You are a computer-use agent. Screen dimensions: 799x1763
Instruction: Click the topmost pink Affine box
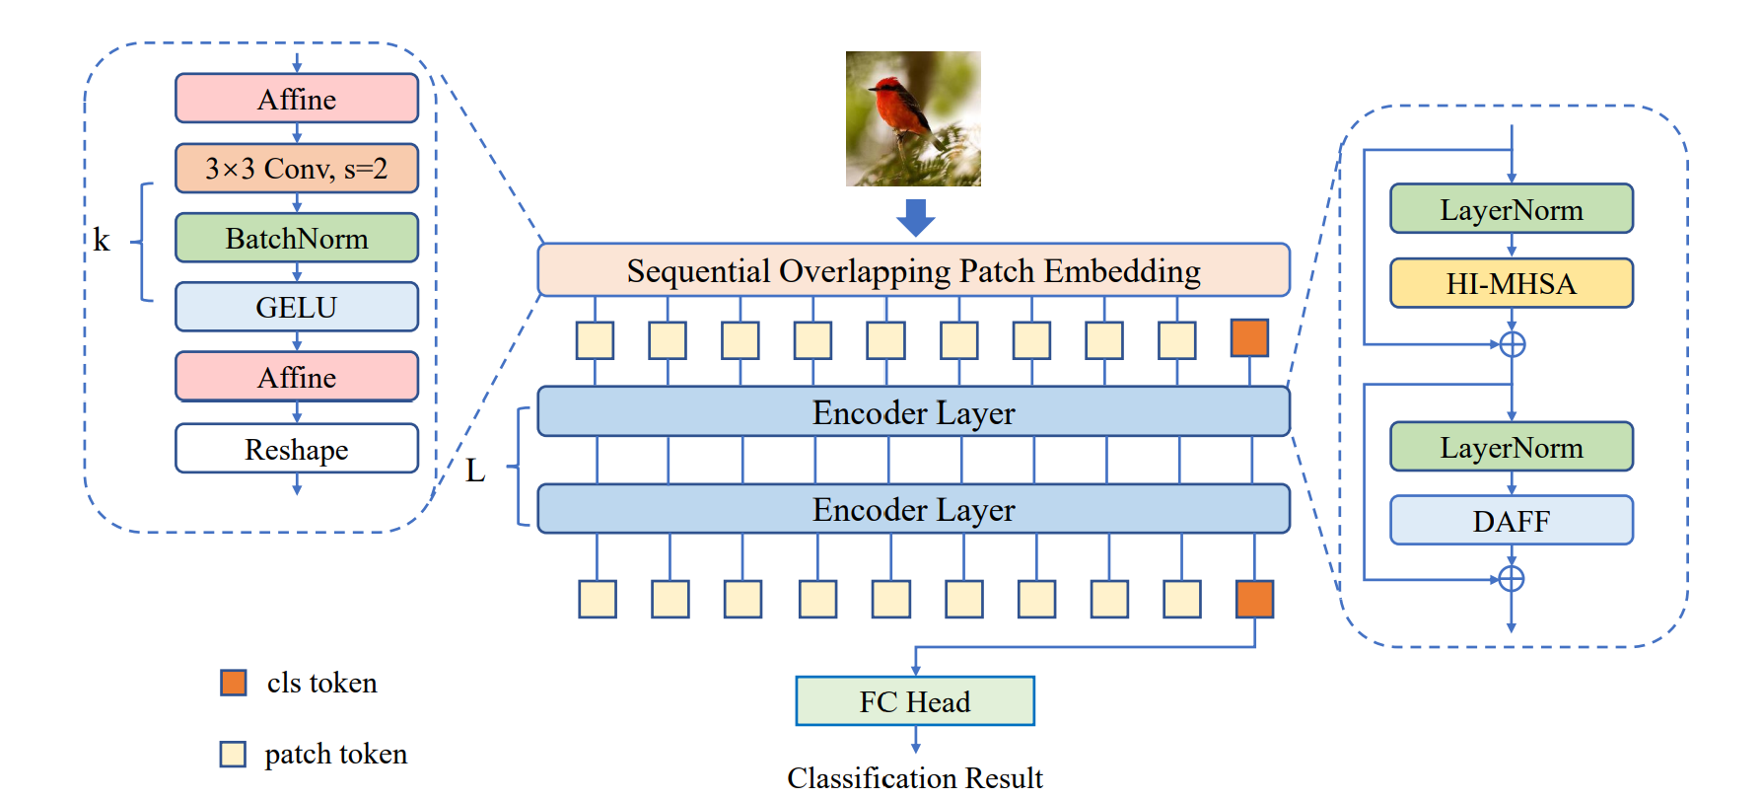[296, 99]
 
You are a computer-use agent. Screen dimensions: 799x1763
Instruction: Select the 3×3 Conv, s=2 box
[296, 169]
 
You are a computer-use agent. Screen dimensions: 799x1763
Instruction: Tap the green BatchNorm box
[296, 238]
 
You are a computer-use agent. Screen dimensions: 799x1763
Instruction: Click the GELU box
[296, 307]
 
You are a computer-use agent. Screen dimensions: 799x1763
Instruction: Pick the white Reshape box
[296, 449]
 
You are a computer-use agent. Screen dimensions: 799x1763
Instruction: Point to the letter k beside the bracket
[102, 240]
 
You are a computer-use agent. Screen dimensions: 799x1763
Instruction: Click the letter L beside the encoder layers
[475, 471]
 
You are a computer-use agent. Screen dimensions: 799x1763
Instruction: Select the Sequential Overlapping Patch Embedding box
[913, 270]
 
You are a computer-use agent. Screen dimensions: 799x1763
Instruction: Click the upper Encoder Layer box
[913, 412]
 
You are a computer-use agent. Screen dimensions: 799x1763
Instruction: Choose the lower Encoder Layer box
[913, 509]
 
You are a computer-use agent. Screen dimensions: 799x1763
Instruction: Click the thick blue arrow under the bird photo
[915, 217]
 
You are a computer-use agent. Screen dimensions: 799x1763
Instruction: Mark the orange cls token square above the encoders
[1249, 338]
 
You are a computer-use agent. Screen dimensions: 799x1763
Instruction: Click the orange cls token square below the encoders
[1254, 599]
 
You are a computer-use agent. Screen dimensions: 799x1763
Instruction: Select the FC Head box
[915, 701]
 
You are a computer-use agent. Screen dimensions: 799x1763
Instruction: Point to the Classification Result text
[915, 777]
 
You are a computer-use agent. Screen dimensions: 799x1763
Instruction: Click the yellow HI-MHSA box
[1511, 284]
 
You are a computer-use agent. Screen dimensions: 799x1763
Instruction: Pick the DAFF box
[1511, 521]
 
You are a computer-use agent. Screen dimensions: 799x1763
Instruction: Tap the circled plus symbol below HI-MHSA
[1512, 344]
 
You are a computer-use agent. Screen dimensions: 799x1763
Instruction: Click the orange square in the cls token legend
[234, 683]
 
